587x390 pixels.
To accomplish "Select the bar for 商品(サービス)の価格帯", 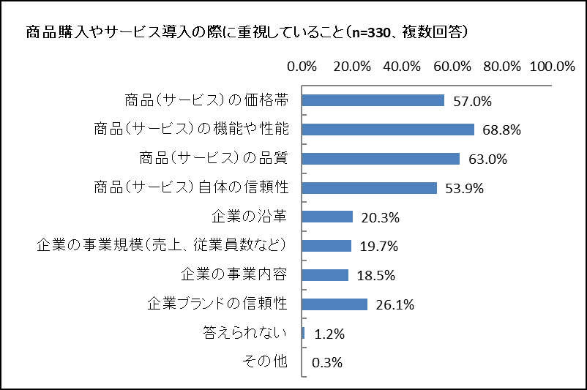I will pyautogui.click(x=373, y=100).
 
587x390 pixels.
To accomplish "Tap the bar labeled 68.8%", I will pyautogui.click(x=388, y=130).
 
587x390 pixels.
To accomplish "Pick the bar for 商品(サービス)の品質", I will pyautogui.click(x=381, y=159).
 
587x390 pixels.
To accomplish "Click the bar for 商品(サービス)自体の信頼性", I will pyautogui.click(x=370, y=188).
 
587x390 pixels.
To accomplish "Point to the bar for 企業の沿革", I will pyautogui.click(x=327, y=217).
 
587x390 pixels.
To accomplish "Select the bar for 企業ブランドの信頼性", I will pyautogui.click(x=334, y=304).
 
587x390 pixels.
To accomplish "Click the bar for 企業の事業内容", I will pyautogui.click(x=325, y=275).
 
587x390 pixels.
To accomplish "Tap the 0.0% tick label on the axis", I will pyautogui.click(x=302, y=66).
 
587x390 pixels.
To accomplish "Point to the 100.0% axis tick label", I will pyautogui.click(x=553, y=66).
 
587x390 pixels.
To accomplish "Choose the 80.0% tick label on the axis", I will pyautogui.click(x=502, y=66).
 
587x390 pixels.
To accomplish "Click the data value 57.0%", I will pyautogui.click(x=472, y=101).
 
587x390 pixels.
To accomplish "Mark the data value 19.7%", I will pyautogui.click(x=379, y=247).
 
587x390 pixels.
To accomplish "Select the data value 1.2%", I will pyautogui.click(x=329, y=334).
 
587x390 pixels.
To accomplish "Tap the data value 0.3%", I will pyautogui.click(x=327, y=363).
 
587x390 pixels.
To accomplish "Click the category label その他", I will pyautogui.click(x=266, y=361).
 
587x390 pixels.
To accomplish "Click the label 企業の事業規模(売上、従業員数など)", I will pyautogui.click(x=161, y=245).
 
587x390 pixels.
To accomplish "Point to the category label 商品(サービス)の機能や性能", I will pyautogui.click(x=191, y=129).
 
